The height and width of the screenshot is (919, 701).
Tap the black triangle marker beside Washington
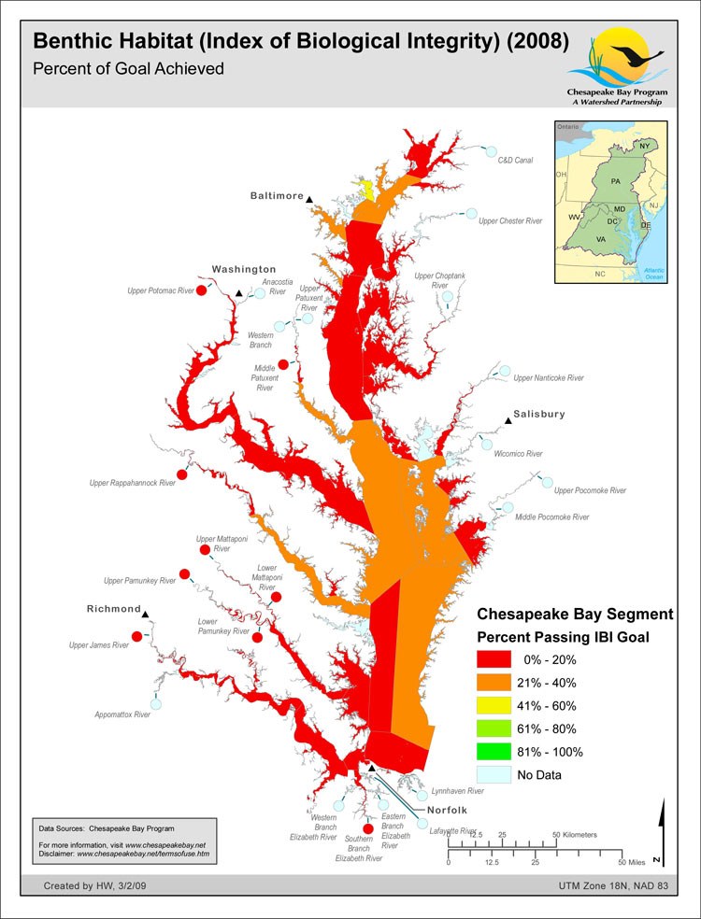point(239,293)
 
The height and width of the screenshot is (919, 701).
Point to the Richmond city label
point(113,609)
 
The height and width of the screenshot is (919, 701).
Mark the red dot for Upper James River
point(137,637)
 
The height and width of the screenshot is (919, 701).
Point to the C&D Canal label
point(515,161)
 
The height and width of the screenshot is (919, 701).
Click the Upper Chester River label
point(510,221)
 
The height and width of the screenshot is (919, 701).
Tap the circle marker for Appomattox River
point(156,703)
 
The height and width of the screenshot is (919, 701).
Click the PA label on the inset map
point(614,179)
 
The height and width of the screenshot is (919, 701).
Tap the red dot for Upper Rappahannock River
point(183,474)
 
